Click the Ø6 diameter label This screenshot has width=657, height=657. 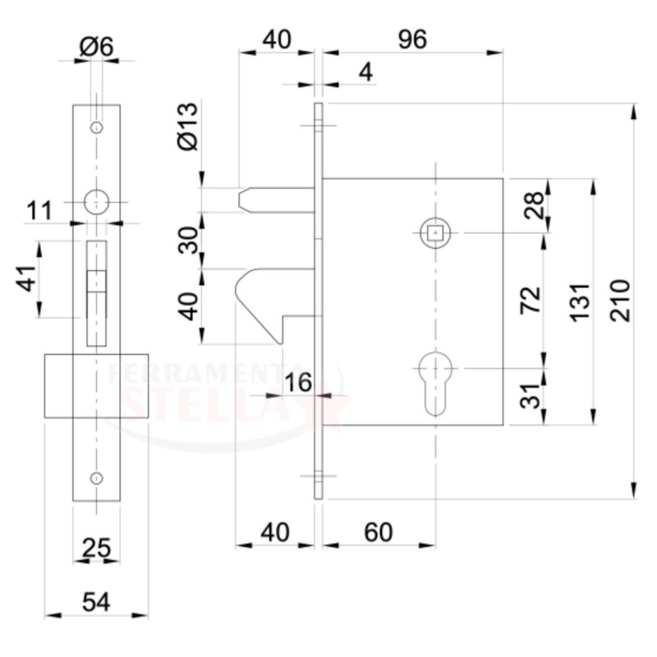(96, 47)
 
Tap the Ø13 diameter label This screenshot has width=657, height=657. (188, 126)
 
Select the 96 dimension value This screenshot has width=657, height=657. (412, 39)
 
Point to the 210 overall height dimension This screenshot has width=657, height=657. (620, 301)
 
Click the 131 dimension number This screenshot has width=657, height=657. (581, 303)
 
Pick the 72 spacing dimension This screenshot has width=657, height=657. (531, 300)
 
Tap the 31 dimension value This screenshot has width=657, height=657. (531, 396)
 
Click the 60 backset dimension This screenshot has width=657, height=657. (378, 532)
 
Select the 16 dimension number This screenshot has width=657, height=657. (298, 382)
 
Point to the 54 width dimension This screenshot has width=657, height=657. (96, 602)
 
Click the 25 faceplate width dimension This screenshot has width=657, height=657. (96, 548)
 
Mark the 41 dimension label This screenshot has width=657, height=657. (26, 278)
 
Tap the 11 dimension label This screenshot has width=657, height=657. (39, 210)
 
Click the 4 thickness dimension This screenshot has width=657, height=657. (365, 73)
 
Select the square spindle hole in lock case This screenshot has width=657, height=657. (435, 232)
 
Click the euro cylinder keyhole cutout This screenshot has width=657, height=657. (435, 384)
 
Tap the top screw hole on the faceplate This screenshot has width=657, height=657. (97, 127)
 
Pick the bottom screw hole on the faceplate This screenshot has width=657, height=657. (97, 478)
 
